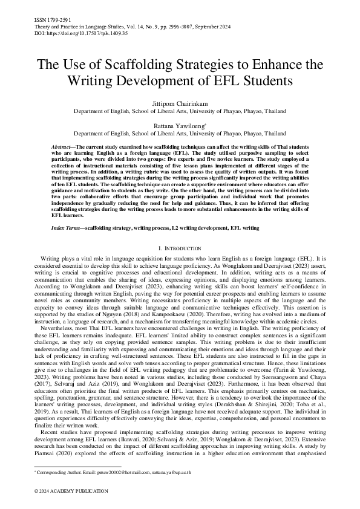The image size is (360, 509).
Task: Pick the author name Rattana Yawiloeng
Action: [x=179, y=125]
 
